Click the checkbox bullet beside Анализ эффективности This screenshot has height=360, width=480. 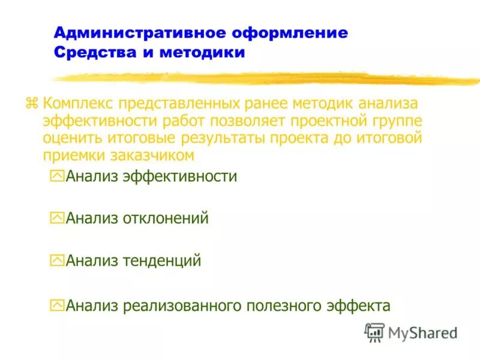point(57,176)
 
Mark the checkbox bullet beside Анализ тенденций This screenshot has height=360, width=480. point(57,261)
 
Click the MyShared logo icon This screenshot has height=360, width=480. point(374,332)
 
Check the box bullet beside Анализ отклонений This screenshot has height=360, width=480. point(57,218)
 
